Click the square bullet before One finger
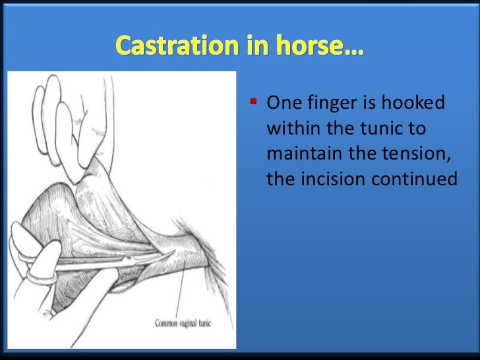(x=253, y=103)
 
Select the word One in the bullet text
(x=280, y=104)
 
